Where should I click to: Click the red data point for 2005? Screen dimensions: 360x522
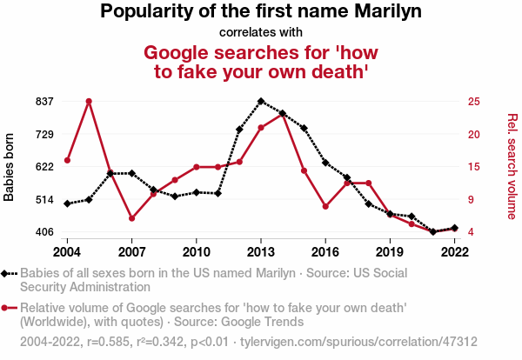(89, 101)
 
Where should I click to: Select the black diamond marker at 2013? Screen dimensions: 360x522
(261, 101)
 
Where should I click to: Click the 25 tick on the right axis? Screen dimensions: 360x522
(473, 102)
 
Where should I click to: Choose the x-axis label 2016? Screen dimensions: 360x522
(325, 251)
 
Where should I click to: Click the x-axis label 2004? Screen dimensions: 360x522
(67, 251)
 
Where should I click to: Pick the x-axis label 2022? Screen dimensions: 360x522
(454, 251)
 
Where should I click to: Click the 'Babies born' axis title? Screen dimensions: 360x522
(10, 167)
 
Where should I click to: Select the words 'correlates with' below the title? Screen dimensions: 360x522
(261, 32)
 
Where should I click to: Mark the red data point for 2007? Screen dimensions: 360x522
(131, 218)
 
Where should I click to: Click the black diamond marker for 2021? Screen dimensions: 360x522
(433, 232)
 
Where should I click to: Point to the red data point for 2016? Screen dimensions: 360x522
(325, 207)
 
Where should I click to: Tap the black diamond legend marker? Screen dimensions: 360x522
(7, 273)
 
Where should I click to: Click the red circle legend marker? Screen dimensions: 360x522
(7, 307)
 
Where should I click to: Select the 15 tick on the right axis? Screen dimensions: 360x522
(473, 167)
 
